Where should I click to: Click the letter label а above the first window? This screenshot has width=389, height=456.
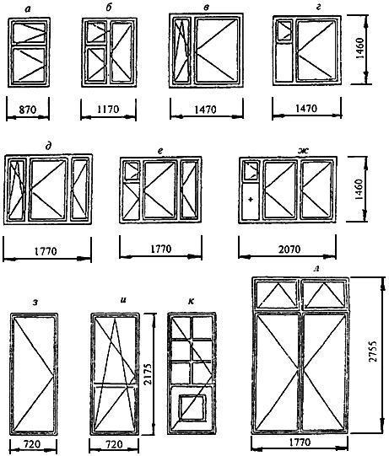28,9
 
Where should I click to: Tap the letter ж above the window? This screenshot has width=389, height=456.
304,151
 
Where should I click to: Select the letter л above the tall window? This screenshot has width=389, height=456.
317,270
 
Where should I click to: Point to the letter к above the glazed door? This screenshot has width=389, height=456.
191,302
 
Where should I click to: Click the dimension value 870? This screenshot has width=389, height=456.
28,110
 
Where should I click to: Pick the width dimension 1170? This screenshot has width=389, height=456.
108,110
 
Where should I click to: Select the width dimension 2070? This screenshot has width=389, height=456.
289,249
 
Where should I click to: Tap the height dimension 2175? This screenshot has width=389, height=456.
149,373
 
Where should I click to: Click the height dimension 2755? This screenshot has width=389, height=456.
372,350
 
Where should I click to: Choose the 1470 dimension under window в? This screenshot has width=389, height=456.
205,110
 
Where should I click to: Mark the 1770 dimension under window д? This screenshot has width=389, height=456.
46,251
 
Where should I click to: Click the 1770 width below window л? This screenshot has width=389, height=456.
300,443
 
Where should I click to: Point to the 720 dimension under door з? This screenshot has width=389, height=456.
32,444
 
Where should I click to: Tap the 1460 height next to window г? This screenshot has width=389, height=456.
359,48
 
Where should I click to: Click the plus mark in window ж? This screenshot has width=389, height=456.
250,199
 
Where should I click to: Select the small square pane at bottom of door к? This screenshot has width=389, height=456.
192,407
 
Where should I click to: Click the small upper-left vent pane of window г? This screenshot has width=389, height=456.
284,30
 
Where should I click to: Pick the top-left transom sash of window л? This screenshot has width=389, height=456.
276,295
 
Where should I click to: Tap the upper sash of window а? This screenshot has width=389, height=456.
30,32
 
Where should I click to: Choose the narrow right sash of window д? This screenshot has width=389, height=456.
80,189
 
